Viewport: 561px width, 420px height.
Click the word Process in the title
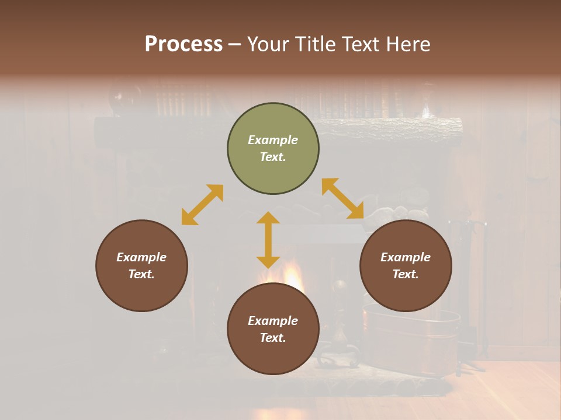tap(183, 44)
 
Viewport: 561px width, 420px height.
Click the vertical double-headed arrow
tap(268, 240)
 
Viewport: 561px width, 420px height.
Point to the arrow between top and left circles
tap(202, 205)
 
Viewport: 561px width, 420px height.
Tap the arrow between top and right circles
tap(342, 198)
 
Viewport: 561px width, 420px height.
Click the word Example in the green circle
tap(273, 140)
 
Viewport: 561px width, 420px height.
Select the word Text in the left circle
tap(141, 274)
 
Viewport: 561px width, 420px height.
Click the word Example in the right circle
tap(406, 257)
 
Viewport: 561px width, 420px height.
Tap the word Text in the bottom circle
tap(273, 338)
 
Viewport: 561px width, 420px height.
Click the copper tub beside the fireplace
tap(412, 338)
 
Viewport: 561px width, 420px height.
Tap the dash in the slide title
tap(234, 45)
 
